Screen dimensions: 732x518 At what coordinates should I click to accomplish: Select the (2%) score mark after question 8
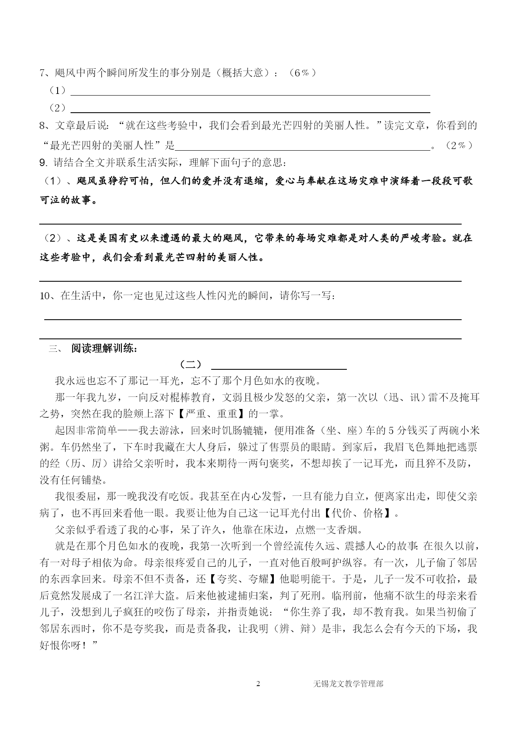[459, 145]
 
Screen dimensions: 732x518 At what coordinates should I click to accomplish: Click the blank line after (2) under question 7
[250, 111]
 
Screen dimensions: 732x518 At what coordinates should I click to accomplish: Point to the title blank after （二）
[279, 367]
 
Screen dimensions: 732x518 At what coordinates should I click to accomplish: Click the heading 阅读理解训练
[104, 348]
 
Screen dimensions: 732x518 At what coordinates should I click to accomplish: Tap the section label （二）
[190, 364]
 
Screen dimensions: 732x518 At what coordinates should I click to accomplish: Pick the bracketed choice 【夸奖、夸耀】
[242, 579]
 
